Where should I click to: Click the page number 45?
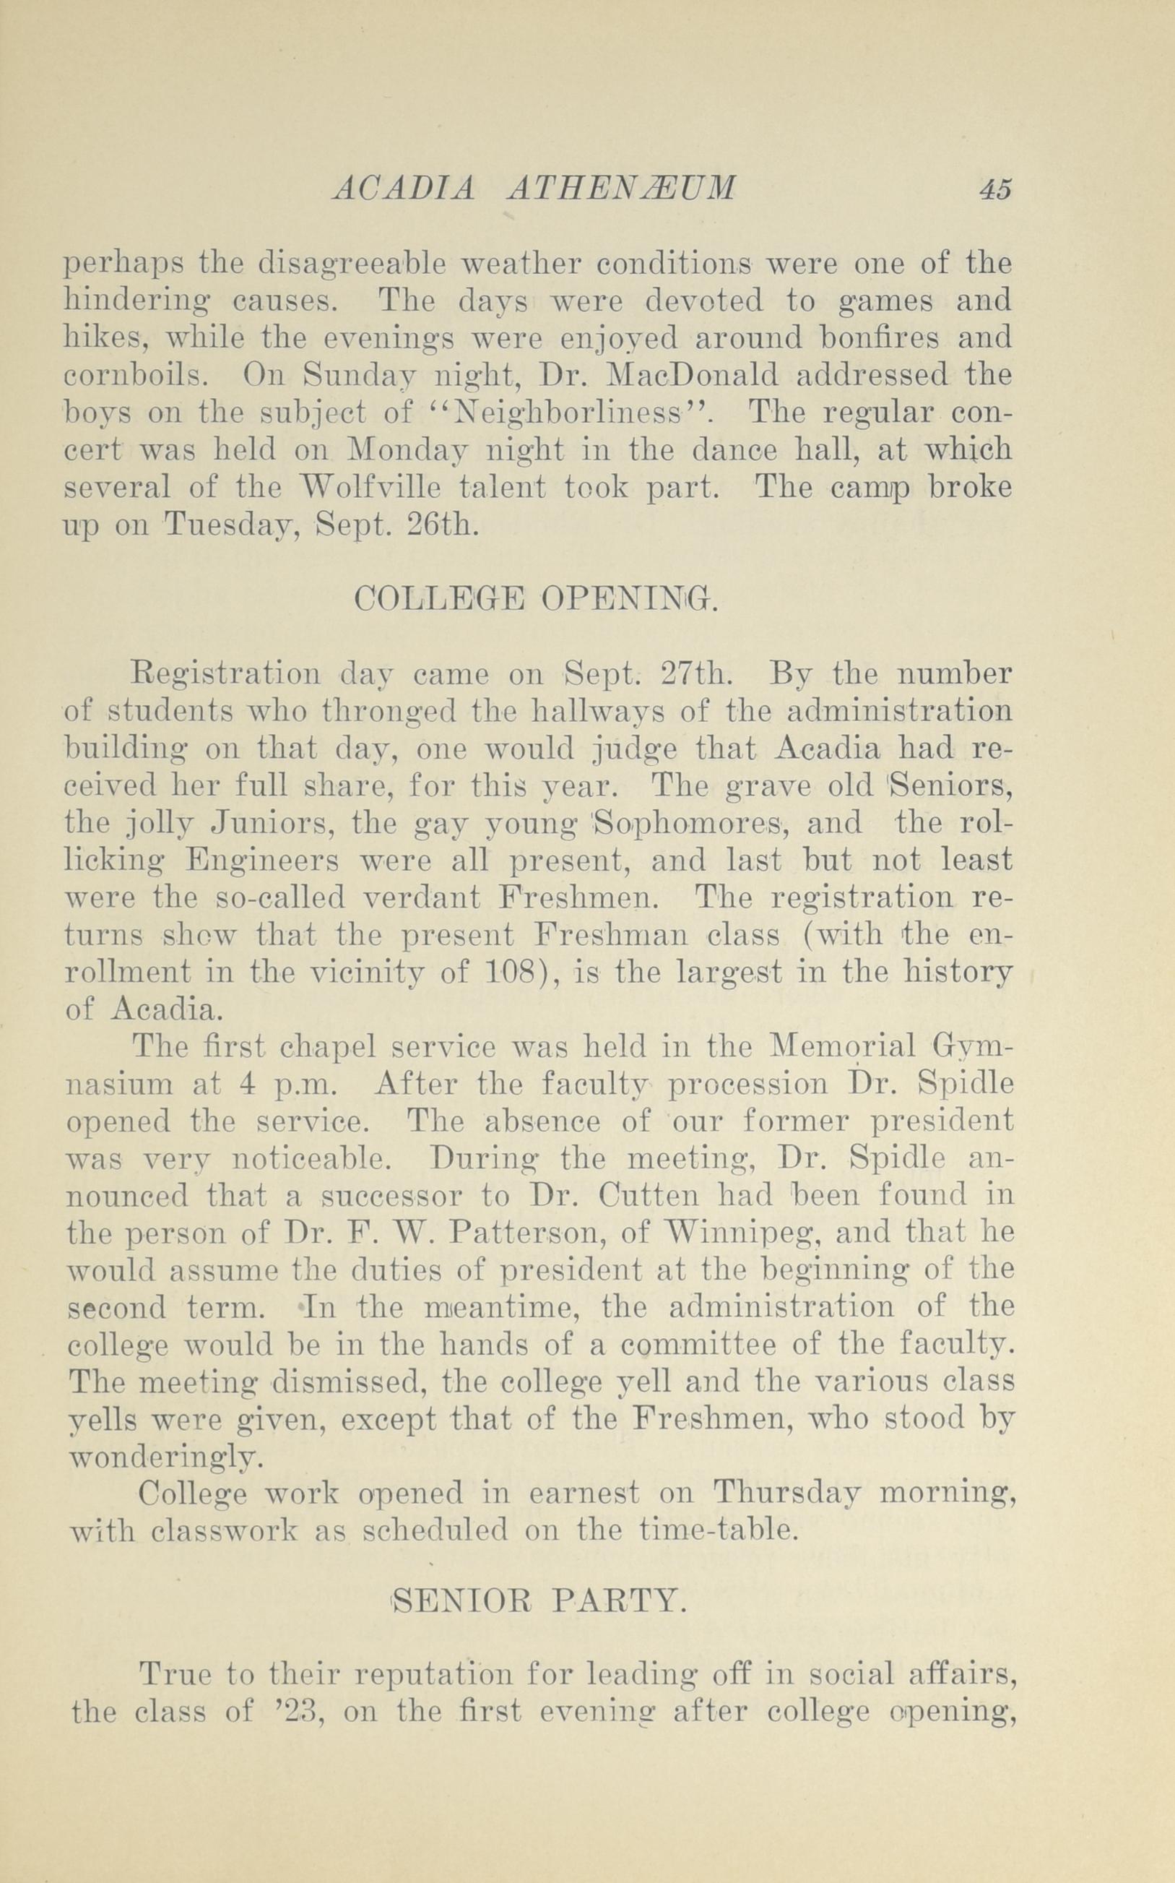[x=995, y=190]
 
